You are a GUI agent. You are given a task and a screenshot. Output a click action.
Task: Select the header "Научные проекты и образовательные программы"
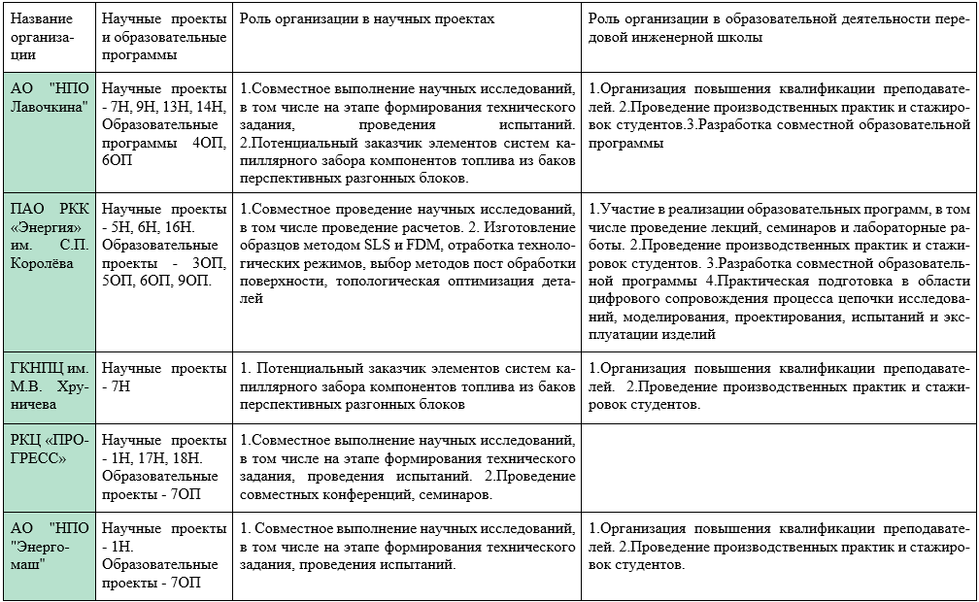click(163, 37)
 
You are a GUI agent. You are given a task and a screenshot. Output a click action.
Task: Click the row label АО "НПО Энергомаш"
click(48, 546)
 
